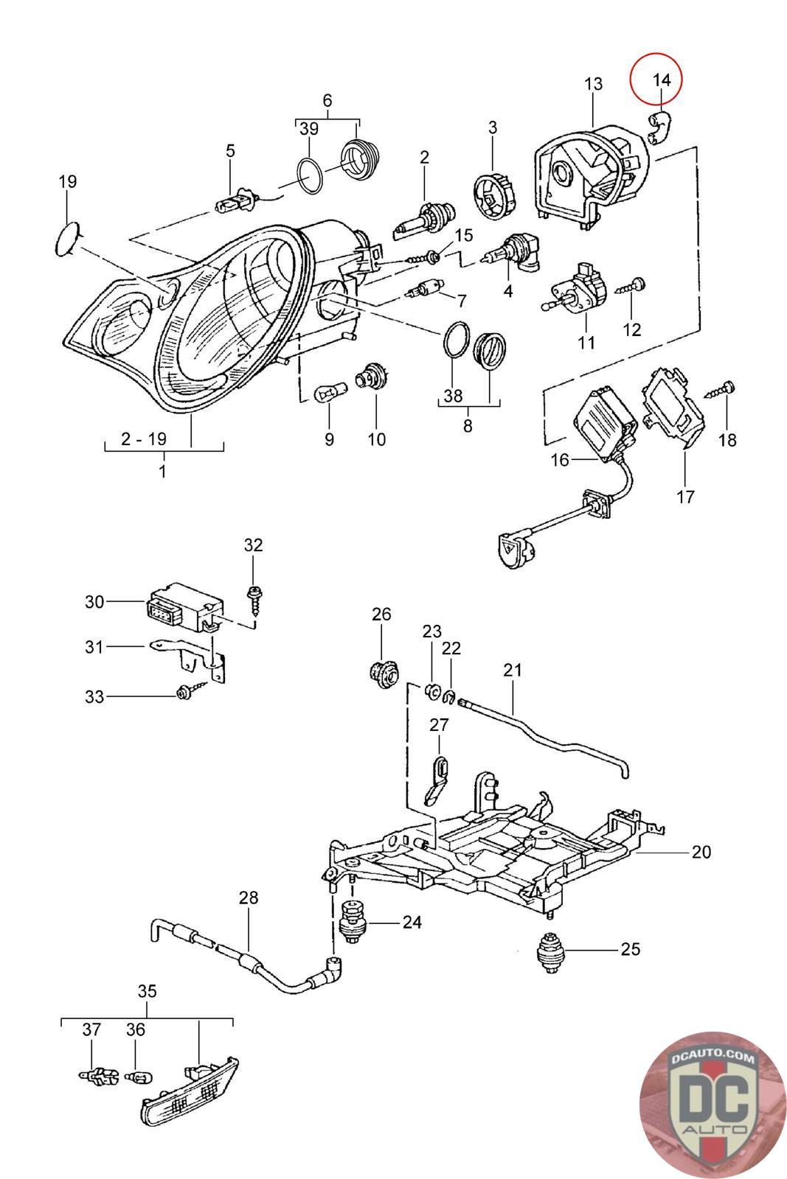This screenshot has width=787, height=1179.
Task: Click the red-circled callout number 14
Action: [x=662, y=80]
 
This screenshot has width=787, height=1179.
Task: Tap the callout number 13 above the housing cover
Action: [x=593, y=84]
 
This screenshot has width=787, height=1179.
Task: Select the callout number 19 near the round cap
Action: [x=67, y=181]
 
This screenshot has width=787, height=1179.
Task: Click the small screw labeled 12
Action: [x=631, y=287]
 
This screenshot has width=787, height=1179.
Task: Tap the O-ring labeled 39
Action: [x=309, y=175]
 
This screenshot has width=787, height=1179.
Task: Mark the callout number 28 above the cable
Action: [x=249, y=898]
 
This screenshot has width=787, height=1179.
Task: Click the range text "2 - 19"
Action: [x=143, y=438]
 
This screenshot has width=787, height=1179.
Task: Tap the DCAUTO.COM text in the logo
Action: [x=713, y=1059]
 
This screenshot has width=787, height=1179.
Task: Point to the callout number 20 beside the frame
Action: [x=701, y=852]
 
